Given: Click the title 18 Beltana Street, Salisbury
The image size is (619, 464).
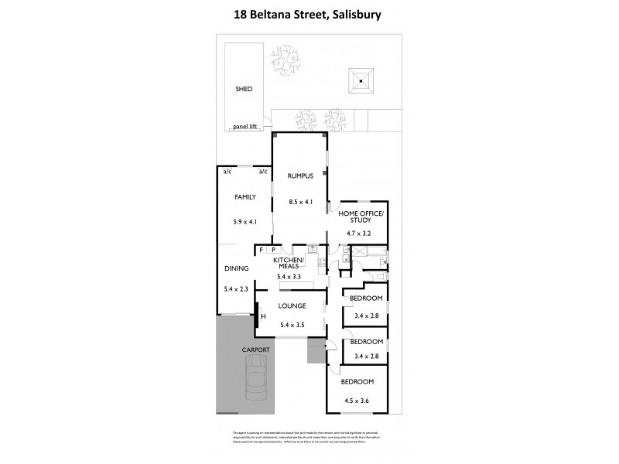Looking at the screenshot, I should click(x=309, y=13).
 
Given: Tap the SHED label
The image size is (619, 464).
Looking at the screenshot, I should click(x=244, y=89).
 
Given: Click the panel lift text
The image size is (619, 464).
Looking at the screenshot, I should click(x=245, y=126).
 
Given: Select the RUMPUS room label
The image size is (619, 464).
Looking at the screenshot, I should click(x=299, y=176).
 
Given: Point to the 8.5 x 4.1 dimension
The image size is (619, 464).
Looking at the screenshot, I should click(x=299, y=203).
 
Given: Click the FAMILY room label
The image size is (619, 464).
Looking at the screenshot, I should click(x=245, y=197).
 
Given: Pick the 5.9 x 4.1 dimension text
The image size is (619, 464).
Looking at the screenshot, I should click(x=245, y=221).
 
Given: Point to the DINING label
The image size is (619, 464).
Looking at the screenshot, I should click(x=236, y=269).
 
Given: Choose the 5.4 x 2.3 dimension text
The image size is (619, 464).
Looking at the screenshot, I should click(x=236, y=291).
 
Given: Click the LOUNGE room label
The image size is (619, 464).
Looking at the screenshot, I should click(x=292, y=306).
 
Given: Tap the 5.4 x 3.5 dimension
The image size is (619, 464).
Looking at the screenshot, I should click(x=292, y=325).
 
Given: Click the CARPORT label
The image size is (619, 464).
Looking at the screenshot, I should click(x=255, y=350).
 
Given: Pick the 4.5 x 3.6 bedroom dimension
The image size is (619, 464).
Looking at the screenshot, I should click(x=359, y=399).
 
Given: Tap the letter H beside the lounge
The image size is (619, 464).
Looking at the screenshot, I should click(x=263, y=316).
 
